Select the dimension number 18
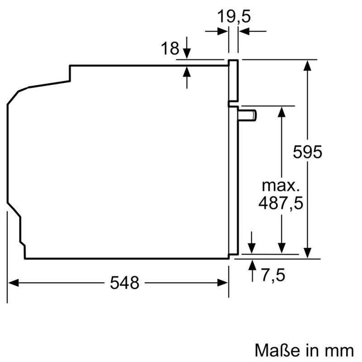tap(171, 48)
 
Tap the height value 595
tap(307, 152)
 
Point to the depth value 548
tap(124, 283)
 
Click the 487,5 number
tap(281, 204)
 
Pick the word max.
tap(281, 186)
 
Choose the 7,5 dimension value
tap(272, 274)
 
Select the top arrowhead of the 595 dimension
tap(308, 65)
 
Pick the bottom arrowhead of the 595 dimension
tap(308, 254)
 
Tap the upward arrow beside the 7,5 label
tap(252, 264)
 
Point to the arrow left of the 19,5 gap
tap(223, 31)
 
